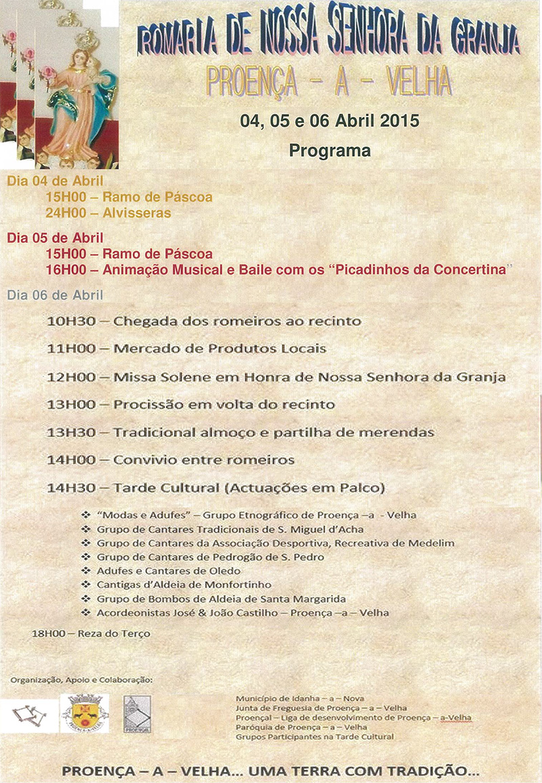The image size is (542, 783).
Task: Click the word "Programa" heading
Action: coord(330,150)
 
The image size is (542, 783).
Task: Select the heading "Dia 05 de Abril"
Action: coord(55,238)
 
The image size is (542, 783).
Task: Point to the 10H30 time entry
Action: coord(70,320)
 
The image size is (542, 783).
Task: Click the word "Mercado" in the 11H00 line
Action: coord(141,349)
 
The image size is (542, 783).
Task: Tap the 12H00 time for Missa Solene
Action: coord(70,377)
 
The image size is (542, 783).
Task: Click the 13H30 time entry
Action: coord(70,432)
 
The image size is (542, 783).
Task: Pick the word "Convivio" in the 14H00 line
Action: coord(144,460)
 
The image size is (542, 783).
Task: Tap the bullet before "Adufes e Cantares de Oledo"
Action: coord(85,570)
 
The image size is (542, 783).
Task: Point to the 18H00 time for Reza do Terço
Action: coord(49,633)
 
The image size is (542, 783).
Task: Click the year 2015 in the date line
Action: coord(399,121)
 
